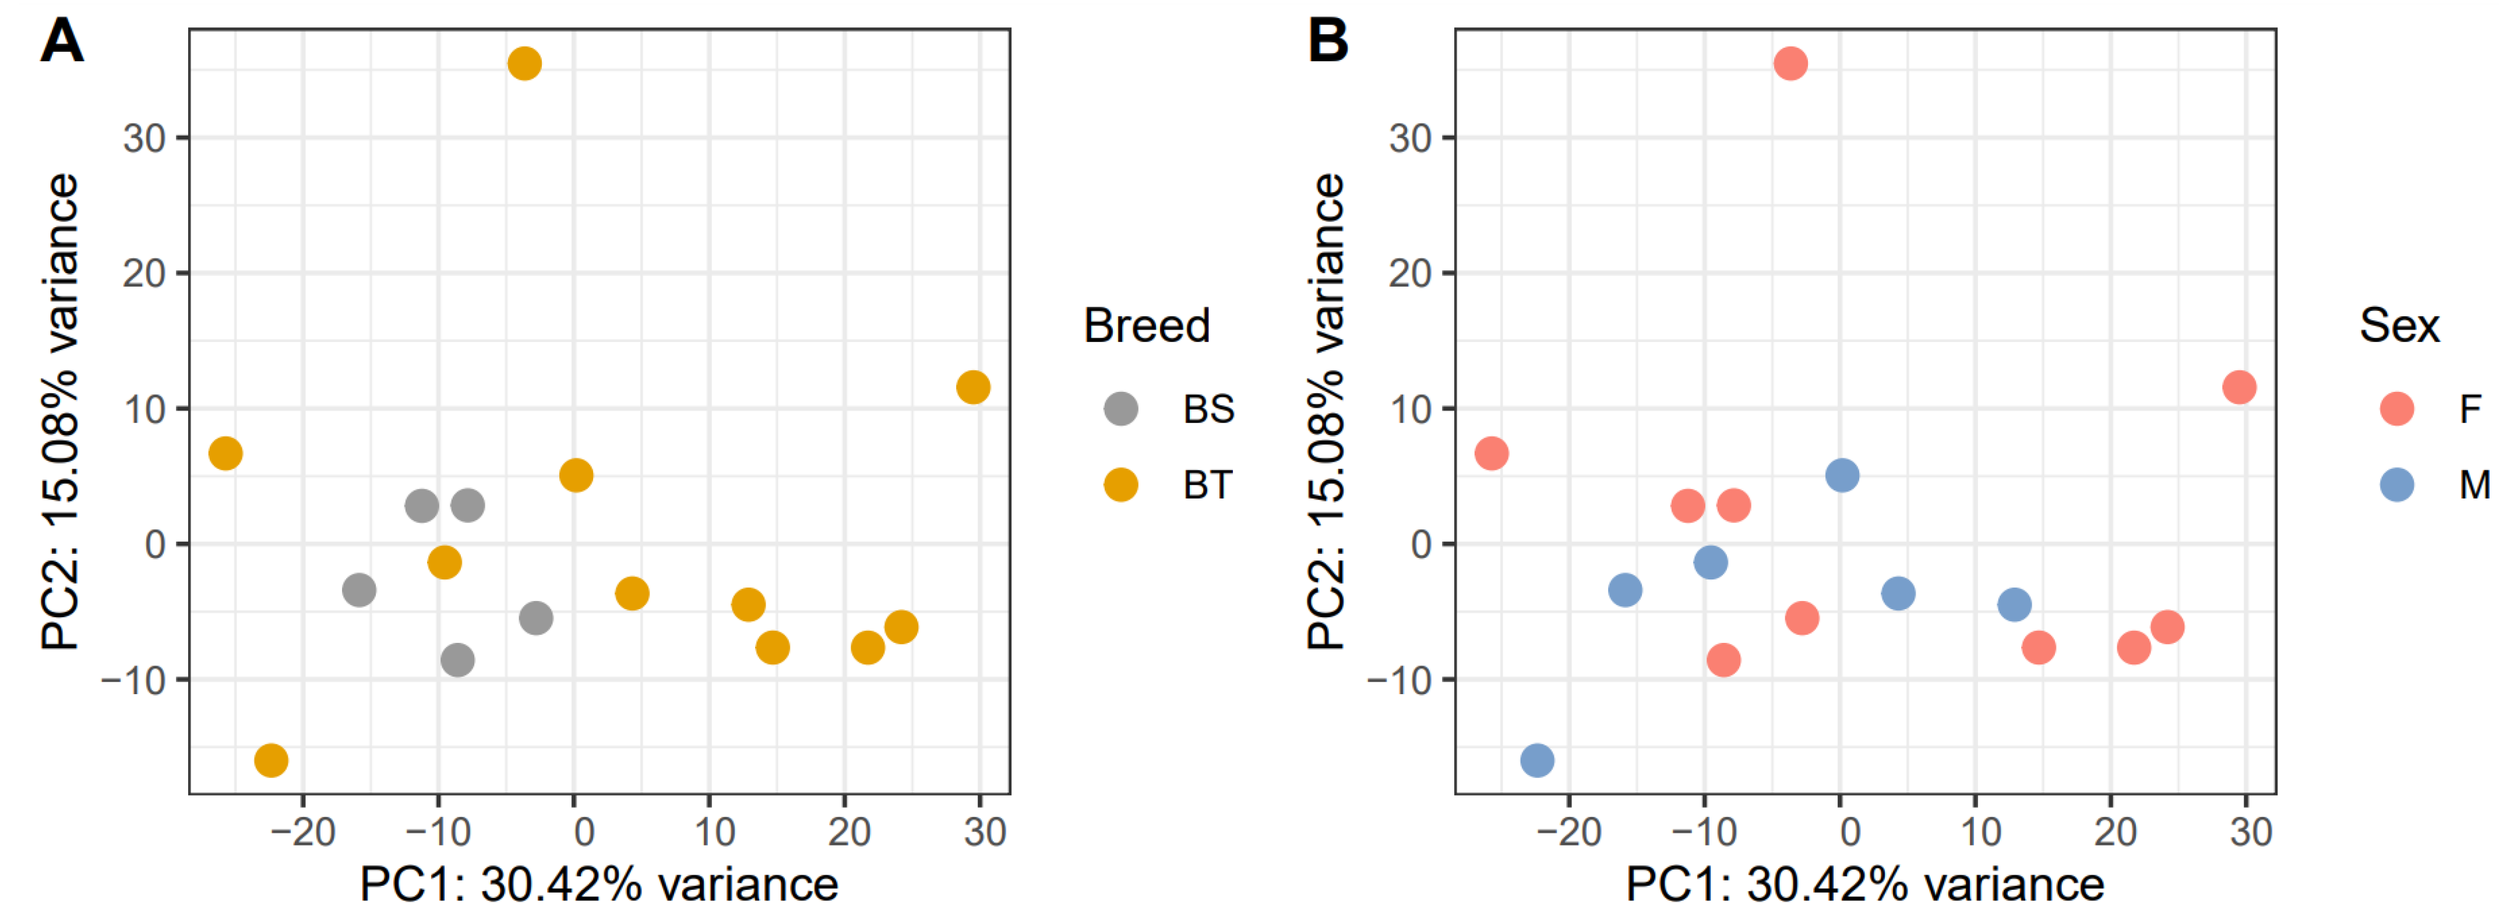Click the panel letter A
point(61,42)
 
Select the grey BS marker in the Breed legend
point(1120,409)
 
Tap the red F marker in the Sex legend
point(2396,409)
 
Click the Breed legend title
point(1147,326)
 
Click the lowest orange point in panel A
point(271,760)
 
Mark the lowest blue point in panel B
point(1537,760)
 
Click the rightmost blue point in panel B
point(2014,605)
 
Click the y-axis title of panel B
point(1326,411)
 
